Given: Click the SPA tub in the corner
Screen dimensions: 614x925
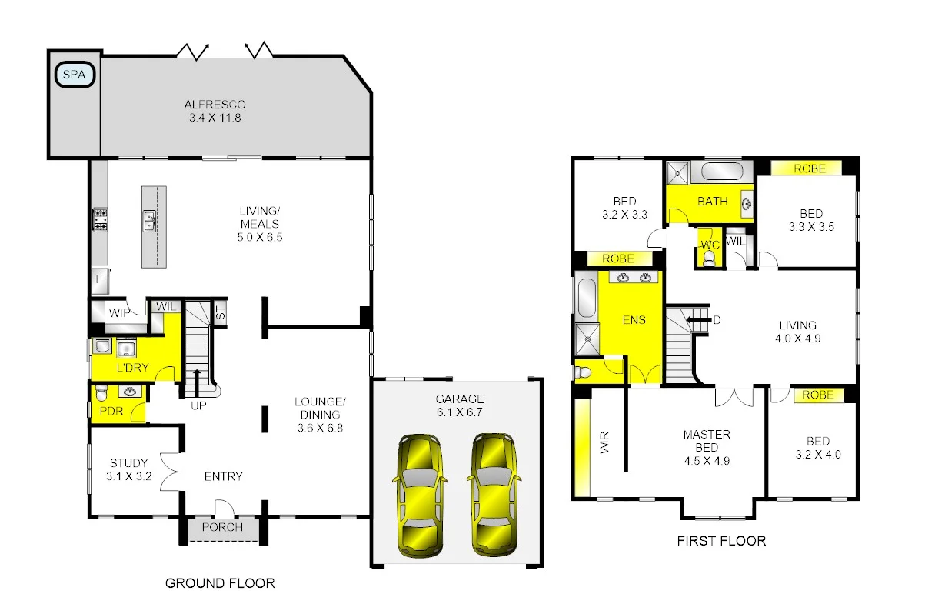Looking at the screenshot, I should (x=75, y=75).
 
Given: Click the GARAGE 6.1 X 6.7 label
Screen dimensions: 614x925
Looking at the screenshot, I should (x=459, y=405).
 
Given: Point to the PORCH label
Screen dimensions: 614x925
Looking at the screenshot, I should (x=222, y=527).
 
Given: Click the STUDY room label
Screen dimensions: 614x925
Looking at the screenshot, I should (x=128, y=469).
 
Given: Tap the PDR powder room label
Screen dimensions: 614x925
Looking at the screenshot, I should (x=111, y=411).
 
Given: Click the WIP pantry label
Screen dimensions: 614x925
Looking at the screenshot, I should (x=118, y=313).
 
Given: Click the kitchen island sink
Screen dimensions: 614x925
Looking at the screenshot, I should (x=151, y=222).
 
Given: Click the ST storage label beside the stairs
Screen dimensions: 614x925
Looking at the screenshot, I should (x=220, y=312).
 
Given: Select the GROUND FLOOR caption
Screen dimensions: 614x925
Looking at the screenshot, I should (x=220, y=583).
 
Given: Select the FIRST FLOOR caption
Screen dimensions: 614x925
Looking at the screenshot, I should (x=720, y=541).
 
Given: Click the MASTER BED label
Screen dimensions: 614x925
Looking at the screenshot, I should (x=706, y=448).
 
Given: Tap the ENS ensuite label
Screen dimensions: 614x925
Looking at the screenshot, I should (x=634, y=320).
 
